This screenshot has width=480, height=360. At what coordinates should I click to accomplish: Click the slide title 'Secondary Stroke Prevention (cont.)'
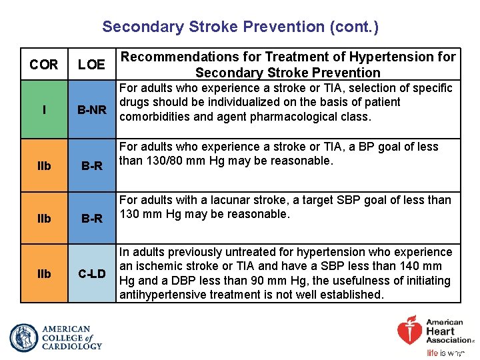point(240,27)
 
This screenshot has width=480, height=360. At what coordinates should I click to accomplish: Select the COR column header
point(44,65)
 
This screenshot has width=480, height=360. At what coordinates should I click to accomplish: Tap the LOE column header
point(91,65)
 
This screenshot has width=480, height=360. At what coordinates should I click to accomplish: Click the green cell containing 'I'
point(44,109)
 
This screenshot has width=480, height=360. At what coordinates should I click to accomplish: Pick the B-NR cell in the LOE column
point(91,109)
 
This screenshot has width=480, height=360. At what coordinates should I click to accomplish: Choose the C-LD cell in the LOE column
point(91,274)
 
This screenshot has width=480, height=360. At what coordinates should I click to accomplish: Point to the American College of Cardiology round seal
point(24,337)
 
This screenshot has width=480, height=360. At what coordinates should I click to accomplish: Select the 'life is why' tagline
point(445,353)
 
